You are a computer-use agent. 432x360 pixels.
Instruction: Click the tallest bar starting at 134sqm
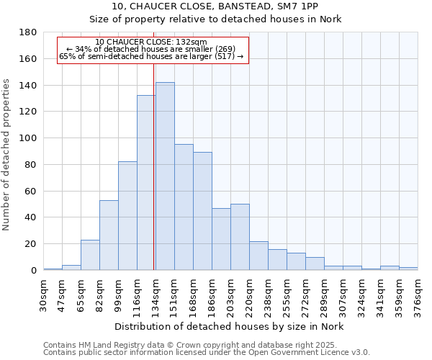165,176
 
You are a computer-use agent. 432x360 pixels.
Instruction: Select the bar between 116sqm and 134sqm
146,183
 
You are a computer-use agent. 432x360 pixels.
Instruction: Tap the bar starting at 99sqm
127,216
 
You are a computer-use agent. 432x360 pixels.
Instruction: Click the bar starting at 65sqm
90,255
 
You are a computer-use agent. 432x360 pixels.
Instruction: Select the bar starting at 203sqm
240,237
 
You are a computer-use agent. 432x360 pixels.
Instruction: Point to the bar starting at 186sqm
221,239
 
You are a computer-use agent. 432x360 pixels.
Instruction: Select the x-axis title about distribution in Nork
230,327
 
